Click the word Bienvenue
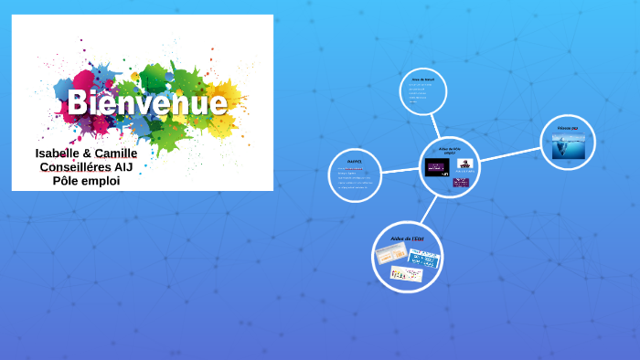point(146,102)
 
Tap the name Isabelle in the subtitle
point(63,153)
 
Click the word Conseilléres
point(75,167)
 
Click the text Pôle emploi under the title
point(86,181)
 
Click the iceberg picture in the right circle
point(568,146)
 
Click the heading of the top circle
point(422,79)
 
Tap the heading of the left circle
point(355,161)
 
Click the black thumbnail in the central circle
point(437,166)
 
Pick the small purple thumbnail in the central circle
point(461,182)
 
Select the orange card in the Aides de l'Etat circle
point(391,255)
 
